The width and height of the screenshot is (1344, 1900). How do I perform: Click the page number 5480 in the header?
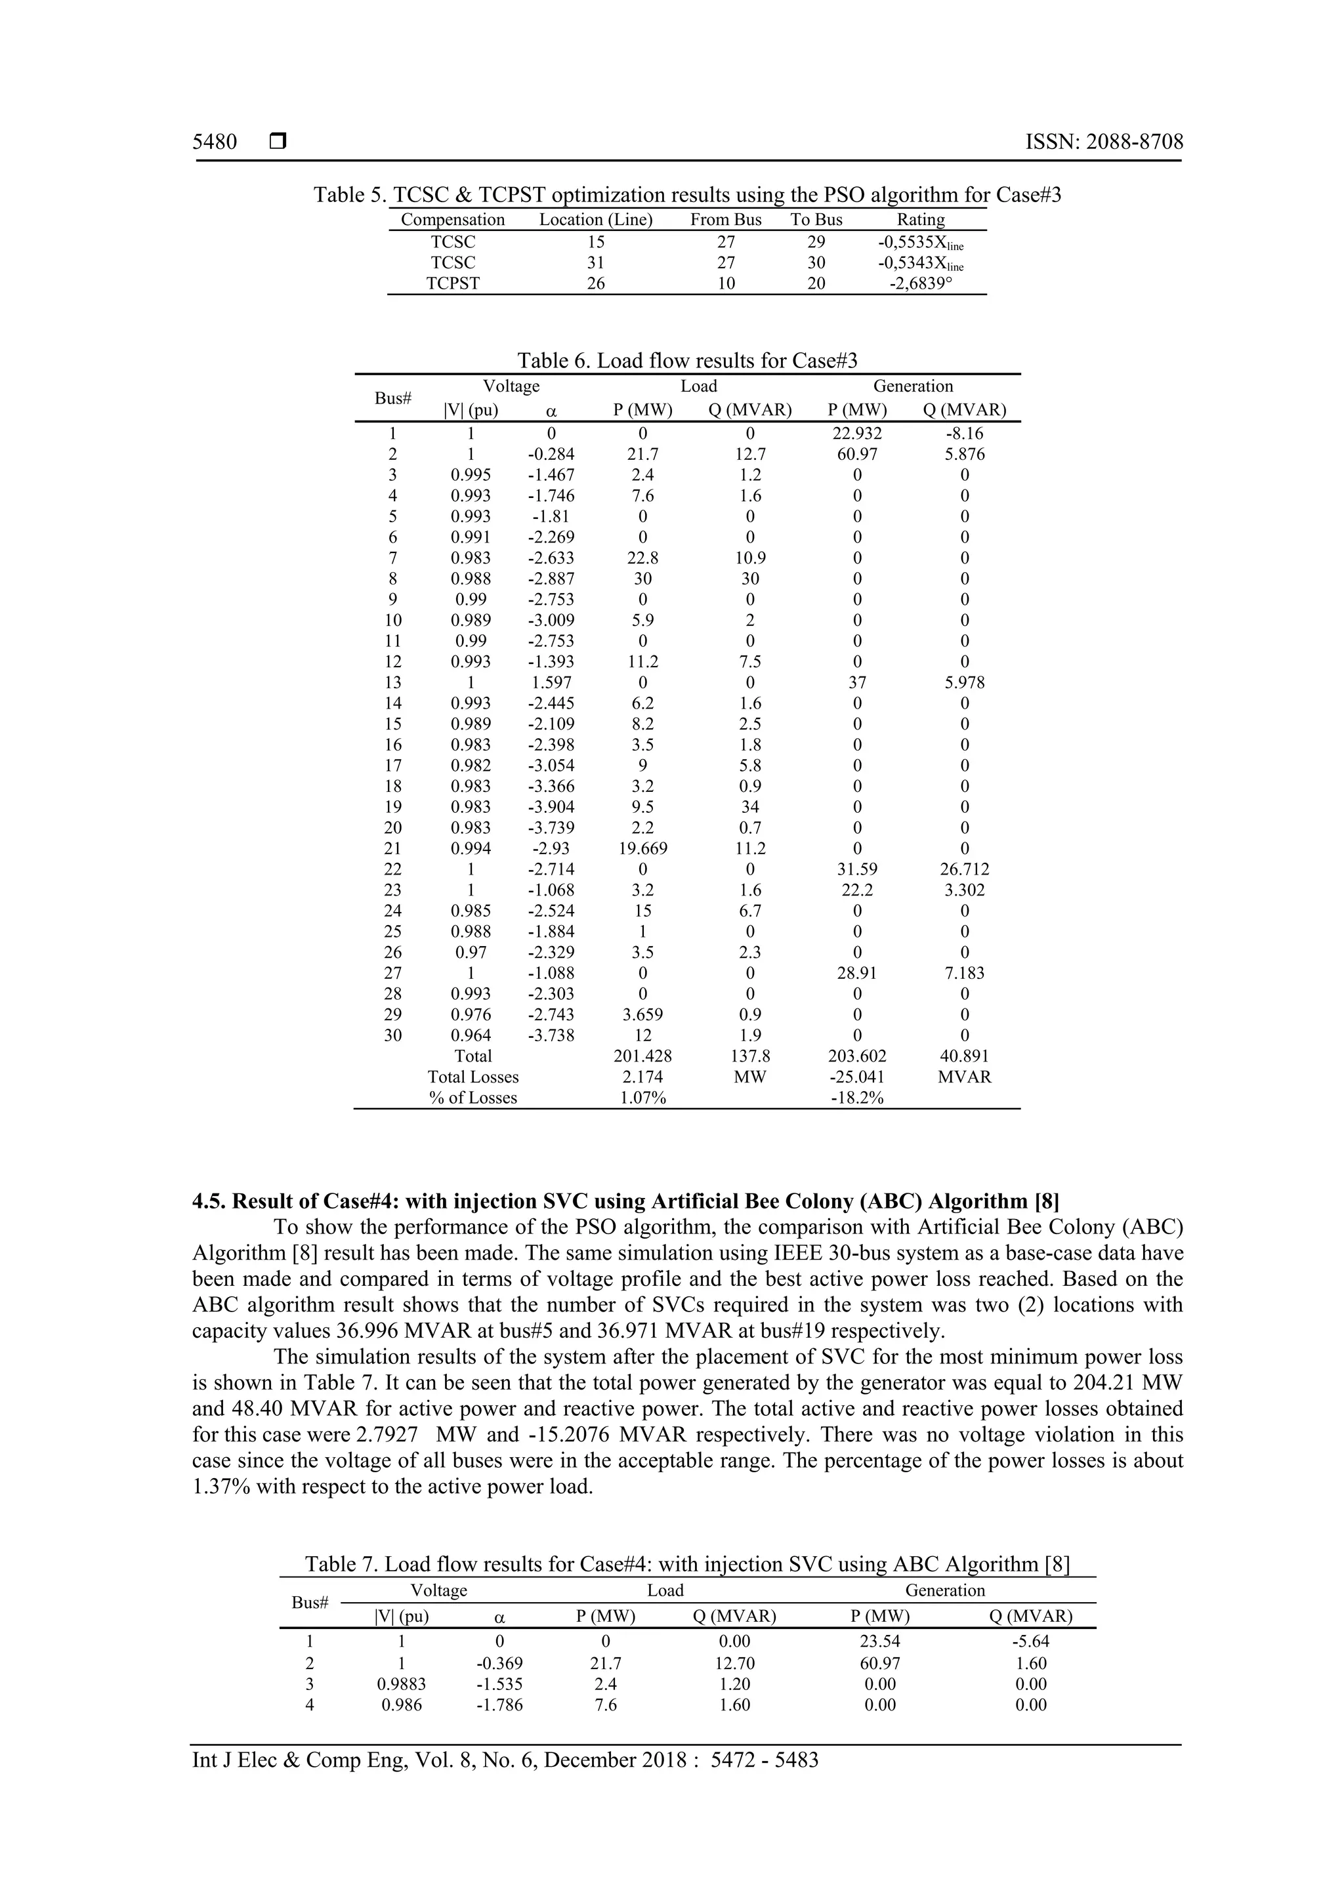coord(215,142)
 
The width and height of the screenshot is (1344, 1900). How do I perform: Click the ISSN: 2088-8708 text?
coord(1104,142)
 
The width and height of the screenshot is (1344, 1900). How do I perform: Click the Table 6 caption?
coord(687,361)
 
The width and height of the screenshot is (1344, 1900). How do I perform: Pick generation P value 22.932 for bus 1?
coord(856,434)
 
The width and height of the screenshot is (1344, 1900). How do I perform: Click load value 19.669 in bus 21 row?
coord(642,849)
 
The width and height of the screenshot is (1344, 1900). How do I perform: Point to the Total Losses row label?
coord(472,1077)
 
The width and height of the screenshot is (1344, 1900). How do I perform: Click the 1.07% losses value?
coord(642,1098)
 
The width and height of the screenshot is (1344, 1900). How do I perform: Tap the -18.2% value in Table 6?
coord(856,1098)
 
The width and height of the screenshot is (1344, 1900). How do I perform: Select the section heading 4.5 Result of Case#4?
coord(625,1201)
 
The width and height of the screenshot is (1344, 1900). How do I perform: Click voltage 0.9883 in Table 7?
coord(402,1684)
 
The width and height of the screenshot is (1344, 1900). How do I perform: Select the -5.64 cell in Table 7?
coord(1030,1642)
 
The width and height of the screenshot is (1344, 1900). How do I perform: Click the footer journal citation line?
coord(505,1760)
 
